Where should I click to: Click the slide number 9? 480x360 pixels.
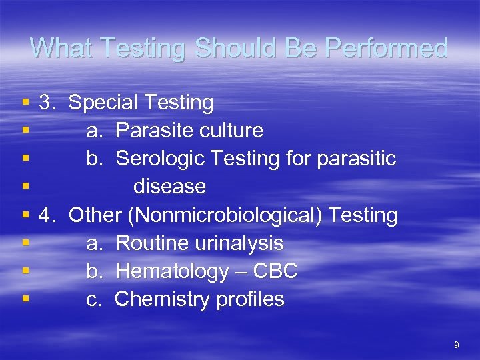point(456,345)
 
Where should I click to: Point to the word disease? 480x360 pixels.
point(169,187)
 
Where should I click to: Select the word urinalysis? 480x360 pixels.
point(239,243)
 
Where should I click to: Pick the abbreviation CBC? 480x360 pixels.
point(275,271)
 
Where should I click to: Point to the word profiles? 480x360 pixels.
point(250,299)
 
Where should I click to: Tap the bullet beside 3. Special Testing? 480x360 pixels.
point(25,103)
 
